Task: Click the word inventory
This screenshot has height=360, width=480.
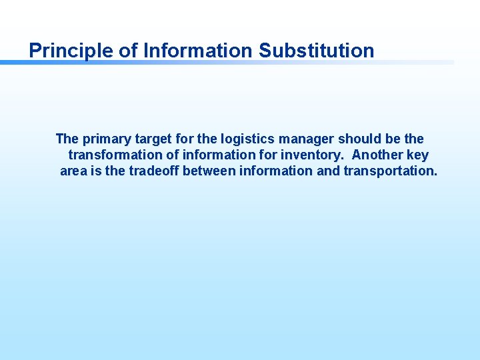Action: tap(315, 155)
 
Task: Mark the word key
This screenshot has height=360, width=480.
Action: tap(417, 155)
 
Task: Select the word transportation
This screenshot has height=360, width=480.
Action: tap(391, 171)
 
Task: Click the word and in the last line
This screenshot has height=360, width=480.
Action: tap(327, 171)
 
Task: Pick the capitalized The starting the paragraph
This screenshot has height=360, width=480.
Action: tap(67, 139)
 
